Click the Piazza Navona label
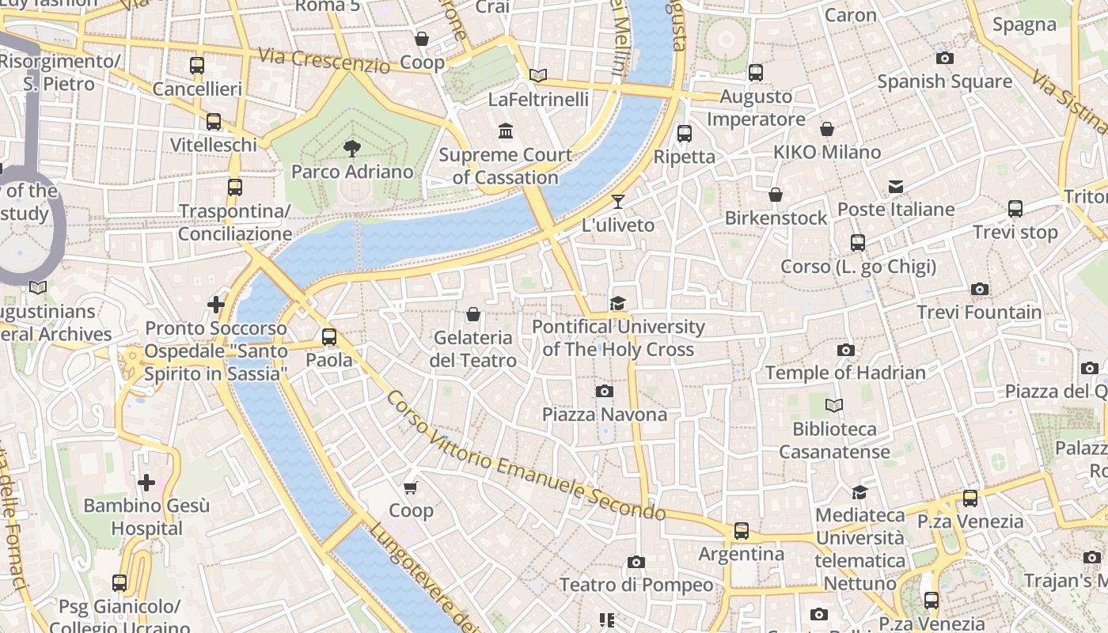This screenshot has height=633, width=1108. (604, 414)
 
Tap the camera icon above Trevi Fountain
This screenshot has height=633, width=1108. (980, 290)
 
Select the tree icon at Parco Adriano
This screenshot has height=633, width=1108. (351, 148)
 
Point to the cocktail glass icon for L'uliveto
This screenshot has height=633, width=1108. (618, 202)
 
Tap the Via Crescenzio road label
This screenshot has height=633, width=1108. (324, 60)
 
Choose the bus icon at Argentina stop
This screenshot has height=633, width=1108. (741, 531)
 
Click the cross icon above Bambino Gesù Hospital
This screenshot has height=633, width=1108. (146, 482)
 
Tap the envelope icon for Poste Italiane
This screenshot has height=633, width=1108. (896, 187)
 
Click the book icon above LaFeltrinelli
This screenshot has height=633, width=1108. (538, 76)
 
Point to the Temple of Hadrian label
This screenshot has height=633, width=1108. (845, 373)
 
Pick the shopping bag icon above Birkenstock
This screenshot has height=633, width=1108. (776, 195)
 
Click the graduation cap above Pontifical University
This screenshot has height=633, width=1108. (617, 303)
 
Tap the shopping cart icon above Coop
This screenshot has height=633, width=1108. (410, 487)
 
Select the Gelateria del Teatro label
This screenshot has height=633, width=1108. (473, 349)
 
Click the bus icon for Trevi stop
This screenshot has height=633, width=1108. (1015, 209)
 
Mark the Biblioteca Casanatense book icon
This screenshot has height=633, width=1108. (834, 406)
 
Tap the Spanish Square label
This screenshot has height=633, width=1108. (944, 81)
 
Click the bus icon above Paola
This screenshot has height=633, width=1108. (329, 337)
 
